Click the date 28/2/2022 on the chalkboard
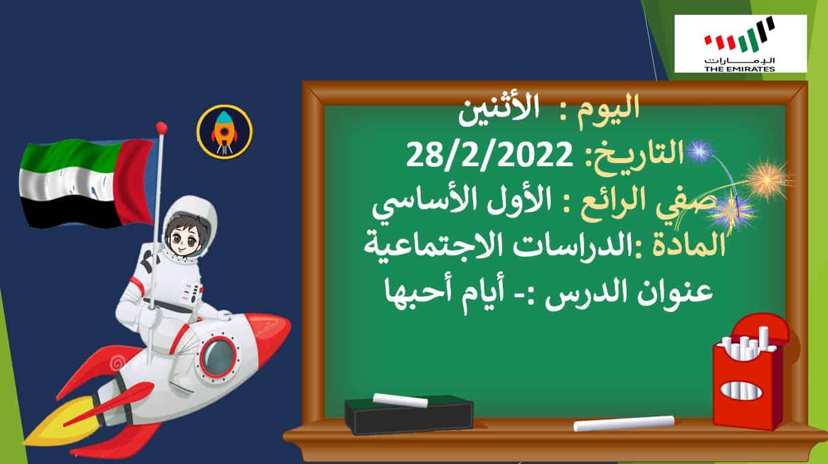coord(490,156)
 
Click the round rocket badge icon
coord(224,132)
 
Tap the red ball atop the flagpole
coord(161,128)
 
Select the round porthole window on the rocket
coord(218,356)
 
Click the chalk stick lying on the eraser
coord(400,400)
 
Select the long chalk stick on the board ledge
coord(624,423)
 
